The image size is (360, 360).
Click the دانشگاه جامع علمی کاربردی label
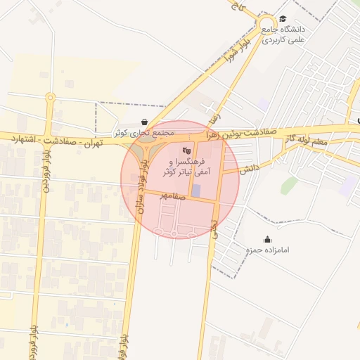click(285, 35)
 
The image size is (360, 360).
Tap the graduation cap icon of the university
click(283, 19)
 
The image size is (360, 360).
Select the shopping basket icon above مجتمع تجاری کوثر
click(144, 122)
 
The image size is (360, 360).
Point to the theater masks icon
click(186, 150)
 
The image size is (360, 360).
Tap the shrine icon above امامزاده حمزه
click(266, 239)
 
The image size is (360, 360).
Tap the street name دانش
click(250, 169)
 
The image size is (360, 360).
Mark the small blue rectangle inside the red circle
click(196, 191)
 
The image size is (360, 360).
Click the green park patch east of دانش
click(288, 185)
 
